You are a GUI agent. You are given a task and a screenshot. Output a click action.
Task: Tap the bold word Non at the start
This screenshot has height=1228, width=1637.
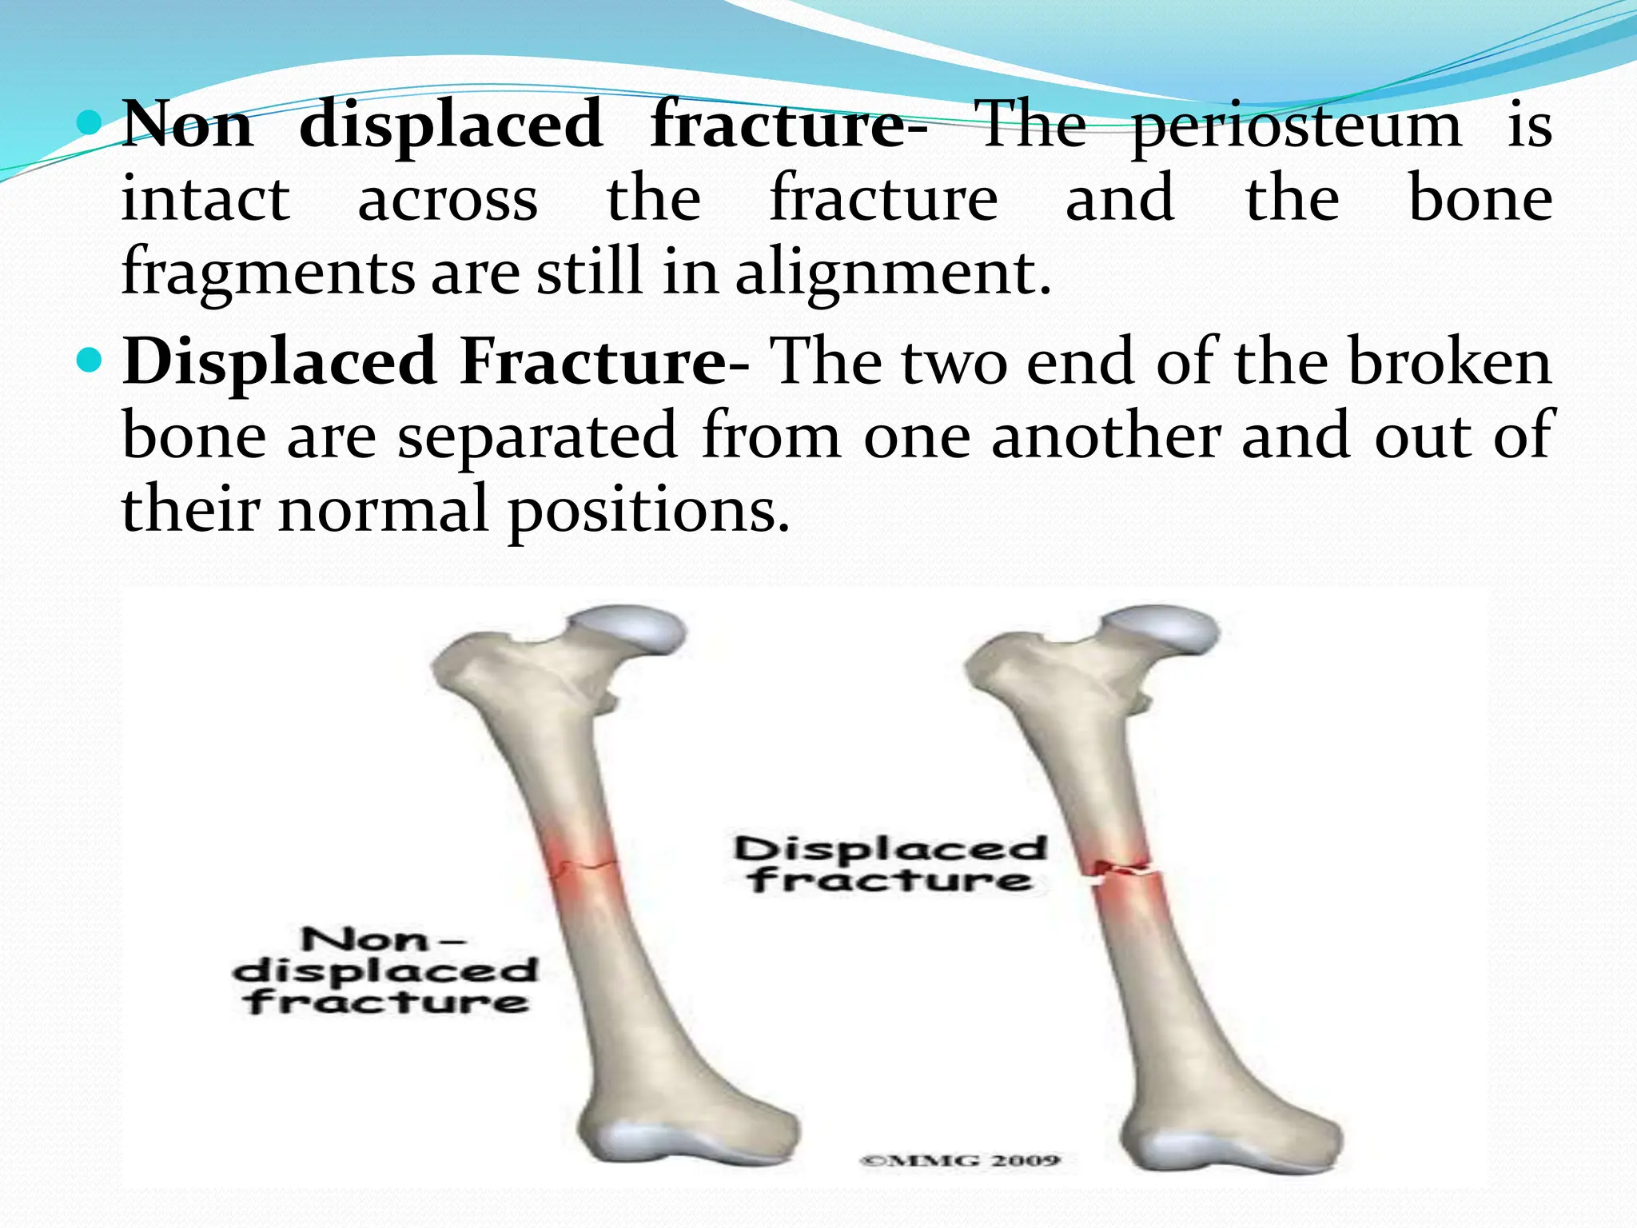189,126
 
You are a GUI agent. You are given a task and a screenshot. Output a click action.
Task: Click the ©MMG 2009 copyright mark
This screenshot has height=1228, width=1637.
959,1160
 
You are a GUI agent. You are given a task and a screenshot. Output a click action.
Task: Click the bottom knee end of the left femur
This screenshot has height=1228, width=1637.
687,1135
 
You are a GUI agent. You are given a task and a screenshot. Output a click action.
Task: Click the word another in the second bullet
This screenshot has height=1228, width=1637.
1106,437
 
